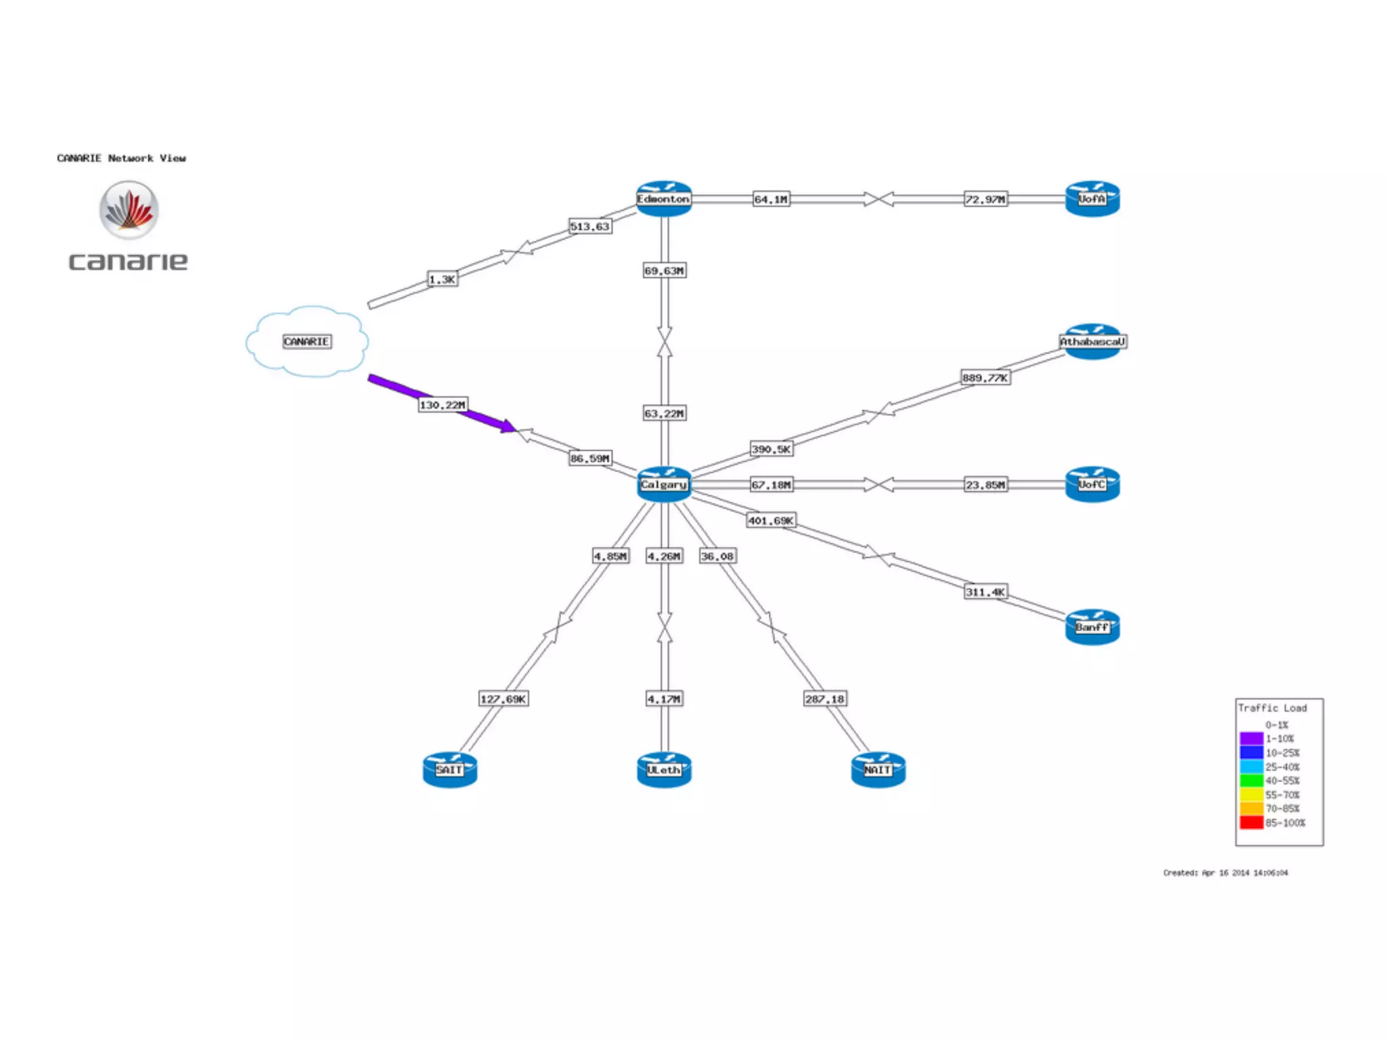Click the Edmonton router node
pos(663,198)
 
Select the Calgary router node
pos(663,484)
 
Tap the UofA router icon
pos(1092,198)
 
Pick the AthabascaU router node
pos(1092,341)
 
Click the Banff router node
pos(1092,627)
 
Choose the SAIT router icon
pos(449,770)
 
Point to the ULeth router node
pos(663,770)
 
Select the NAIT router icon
pos(878,770)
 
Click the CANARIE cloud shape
pos(307,341)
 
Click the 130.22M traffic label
pos(443,405)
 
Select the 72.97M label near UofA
pos(985,199)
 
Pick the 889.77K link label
pos(985,377)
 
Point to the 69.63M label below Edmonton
pos(664,271)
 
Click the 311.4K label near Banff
pos(985,592)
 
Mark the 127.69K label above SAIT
pos(503,699)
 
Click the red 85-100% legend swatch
pos(1251,823)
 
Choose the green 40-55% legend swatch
pos(1251,781)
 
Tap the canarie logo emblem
pos(129,210)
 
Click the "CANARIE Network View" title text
pos(121,158)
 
